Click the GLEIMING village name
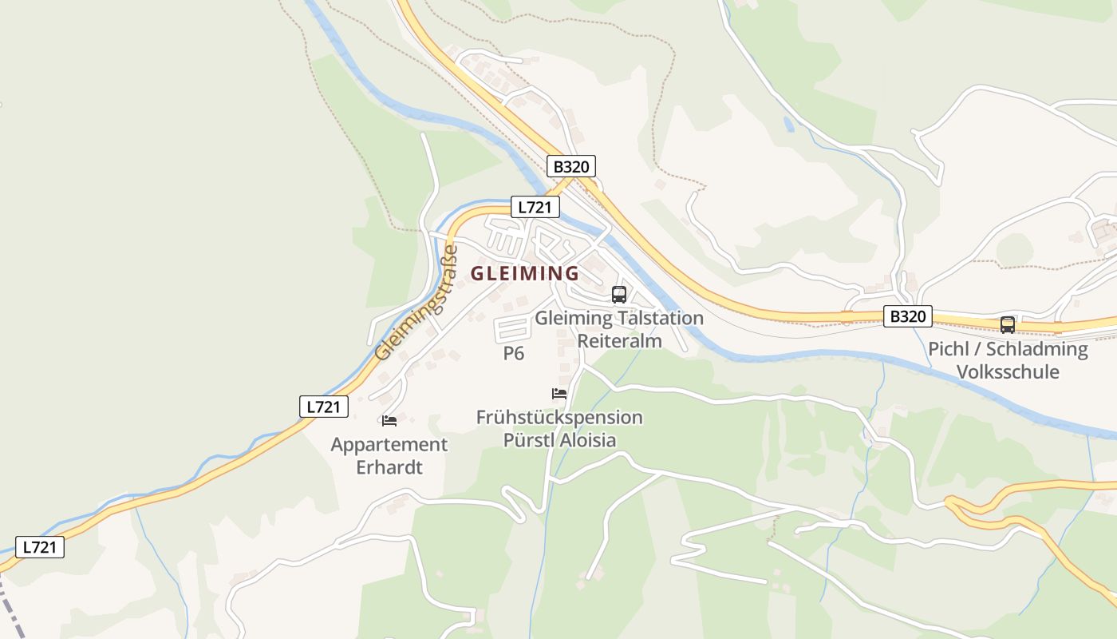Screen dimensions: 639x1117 [x=525, y=273]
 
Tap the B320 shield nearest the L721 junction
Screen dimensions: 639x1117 [x=571, y=166]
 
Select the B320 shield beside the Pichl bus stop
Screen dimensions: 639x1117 [x=908, y=316]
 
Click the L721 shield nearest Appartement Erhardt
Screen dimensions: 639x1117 [x=324, y=407]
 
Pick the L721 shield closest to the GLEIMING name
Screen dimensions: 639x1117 [x=535, y=208]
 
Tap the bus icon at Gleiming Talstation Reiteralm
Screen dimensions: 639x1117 [x=619, y=294]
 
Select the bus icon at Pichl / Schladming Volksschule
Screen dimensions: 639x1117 [x=1008, y=325]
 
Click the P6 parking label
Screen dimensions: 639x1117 [x=514, y=354]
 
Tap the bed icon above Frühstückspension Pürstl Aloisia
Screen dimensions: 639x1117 [x=559, y=394]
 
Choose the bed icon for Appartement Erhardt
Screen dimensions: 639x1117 [x=389, y=421]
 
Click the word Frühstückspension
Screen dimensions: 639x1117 [x=559, y=418]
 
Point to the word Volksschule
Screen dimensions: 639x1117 [x=1008, y=372]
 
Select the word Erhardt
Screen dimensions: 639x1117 [x=389, y=467]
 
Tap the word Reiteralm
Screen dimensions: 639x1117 [x=619, y=341]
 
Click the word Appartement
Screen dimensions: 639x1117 [x=389, y=445]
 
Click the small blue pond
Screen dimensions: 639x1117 [x=789, y=124]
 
